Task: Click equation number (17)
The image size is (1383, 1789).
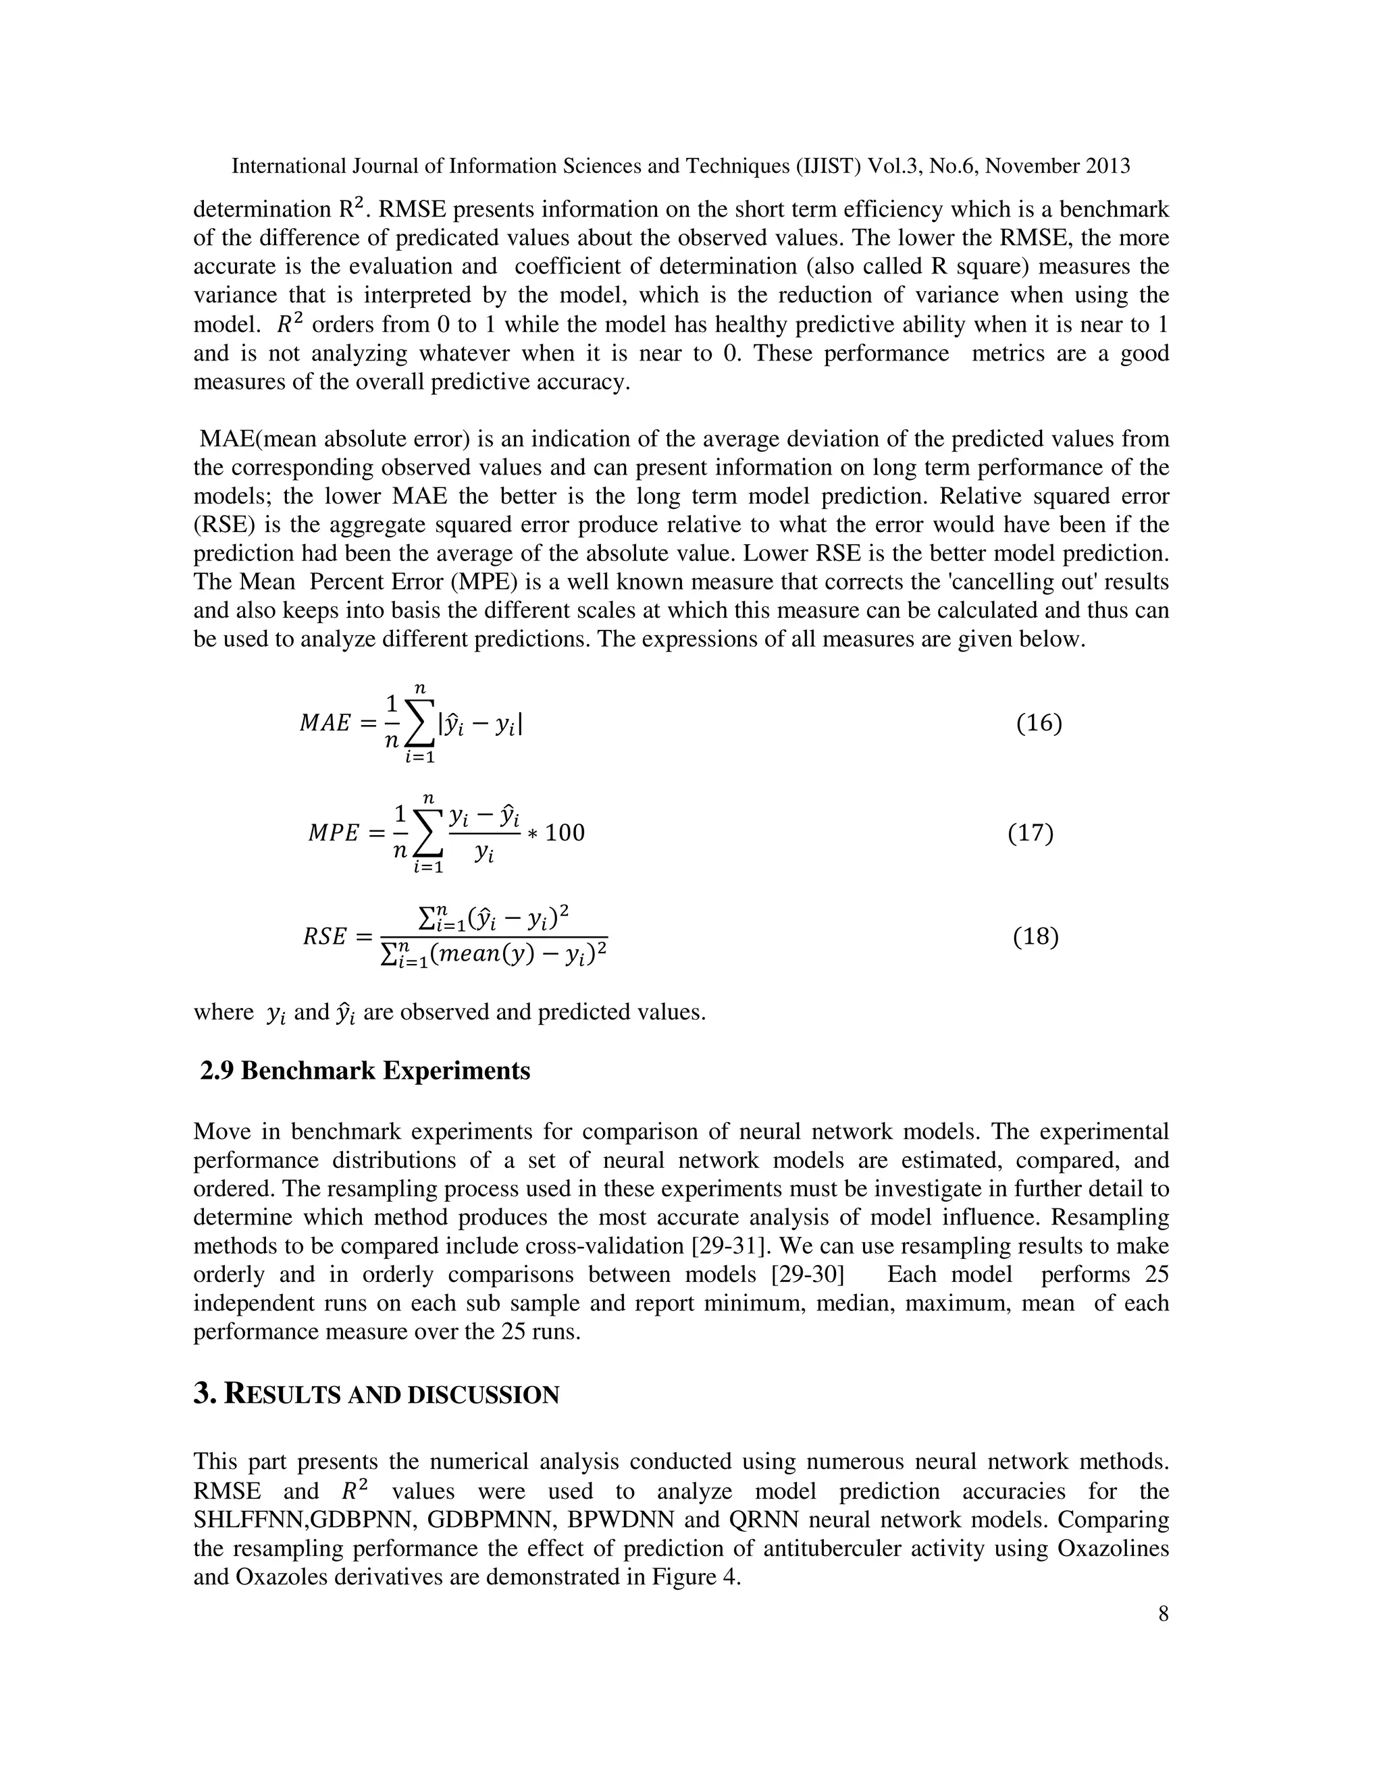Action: point(1030,833)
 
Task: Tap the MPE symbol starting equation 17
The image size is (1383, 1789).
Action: point(334,834)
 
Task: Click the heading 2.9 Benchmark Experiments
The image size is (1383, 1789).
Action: point(365,1071)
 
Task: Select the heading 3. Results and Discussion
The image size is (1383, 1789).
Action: point(376,1394)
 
